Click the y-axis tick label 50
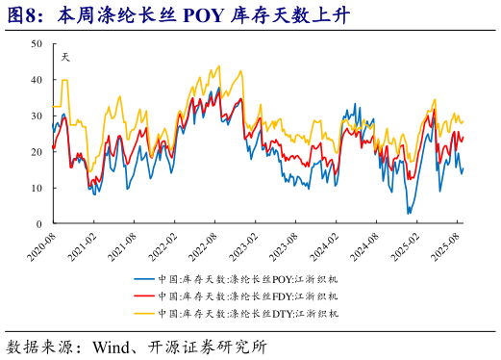[36, 44]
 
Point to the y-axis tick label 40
[36, 80]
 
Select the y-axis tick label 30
[36, 116]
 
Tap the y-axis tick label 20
[36, 152]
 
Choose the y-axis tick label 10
[36, 188]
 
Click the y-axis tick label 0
[38, 223]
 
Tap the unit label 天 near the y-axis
[65, 56]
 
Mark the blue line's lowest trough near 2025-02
[409, 213]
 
